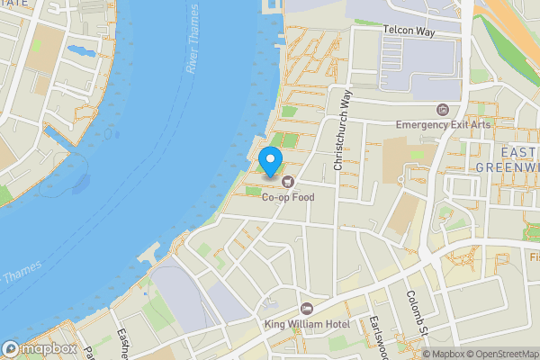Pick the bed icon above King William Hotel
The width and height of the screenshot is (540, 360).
pyautogui.click(x=307, y=309)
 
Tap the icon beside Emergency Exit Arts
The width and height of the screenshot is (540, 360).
pyautogui.click(x=441, y=110)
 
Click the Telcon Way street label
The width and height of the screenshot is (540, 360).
pyautogui.click(x=409, y=31)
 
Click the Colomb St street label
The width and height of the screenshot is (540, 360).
pyautogui.click(x=415, y=310)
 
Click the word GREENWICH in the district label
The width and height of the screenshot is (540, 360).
pyautogui.click(x=507, y=166)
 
